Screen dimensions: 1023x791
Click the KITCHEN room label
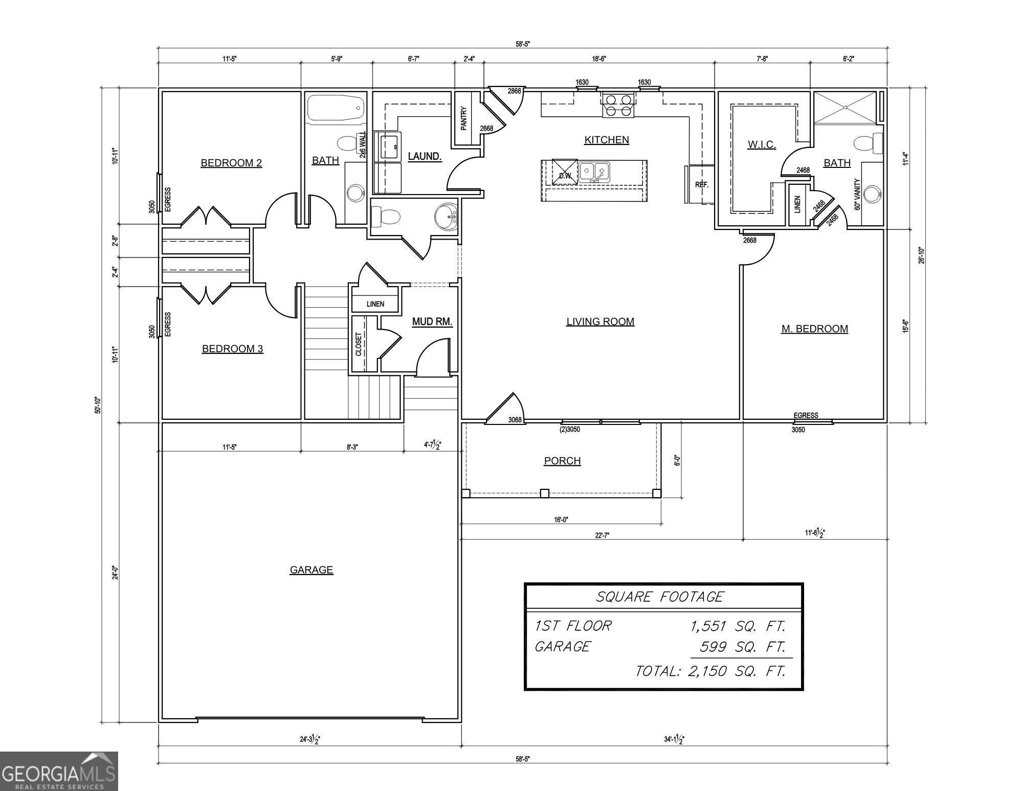pos(607,140)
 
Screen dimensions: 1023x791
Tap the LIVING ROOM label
pos(600,322)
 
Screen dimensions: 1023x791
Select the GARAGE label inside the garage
pos(312,570)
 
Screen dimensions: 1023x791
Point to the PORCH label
pos(562,461)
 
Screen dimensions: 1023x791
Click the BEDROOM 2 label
pos(231,163)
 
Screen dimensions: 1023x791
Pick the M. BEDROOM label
pos(814,329)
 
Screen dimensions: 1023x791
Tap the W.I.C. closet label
pos(762,144)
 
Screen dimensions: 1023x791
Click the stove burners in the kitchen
pos(618,105)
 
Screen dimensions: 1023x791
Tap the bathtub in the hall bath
pos(336,108)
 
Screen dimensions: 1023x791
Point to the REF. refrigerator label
pos(702,185)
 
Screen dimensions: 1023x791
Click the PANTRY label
pos(463,118)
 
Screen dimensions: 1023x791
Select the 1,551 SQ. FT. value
pos(738,626)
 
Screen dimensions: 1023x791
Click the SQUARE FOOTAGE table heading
pos(660,597)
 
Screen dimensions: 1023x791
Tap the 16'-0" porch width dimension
pos(561,520)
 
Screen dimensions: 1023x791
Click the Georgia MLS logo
pos(59,771)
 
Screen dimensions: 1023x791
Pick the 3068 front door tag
pos(515,420)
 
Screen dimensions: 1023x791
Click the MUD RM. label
pos(432,322)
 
